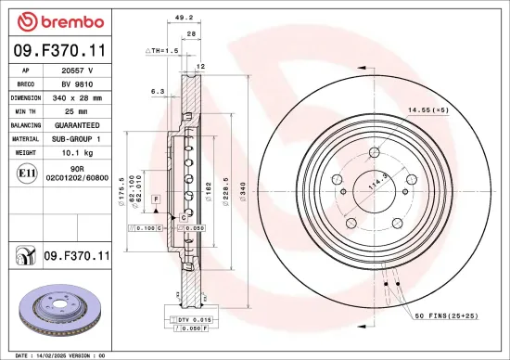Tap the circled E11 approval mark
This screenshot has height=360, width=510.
pyautogui.click(x=26, y=173)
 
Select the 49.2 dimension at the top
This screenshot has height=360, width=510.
pyautogui.click(x=184, y=17)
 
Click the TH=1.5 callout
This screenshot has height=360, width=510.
pyautogui.click(x=161, y=50)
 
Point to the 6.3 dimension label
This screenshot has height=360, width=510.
pyautogui.click(x=158, y=92)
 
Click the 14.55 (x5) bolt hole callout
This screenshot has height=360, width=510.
pyautogui.click(x=428, y=111)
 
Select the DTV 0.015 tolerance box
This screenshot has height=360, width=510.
pyautogui.click(x=195, y=319)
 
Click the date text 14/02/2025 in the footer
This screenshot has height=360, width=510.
pyautogui.click(x=70, y=355)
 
